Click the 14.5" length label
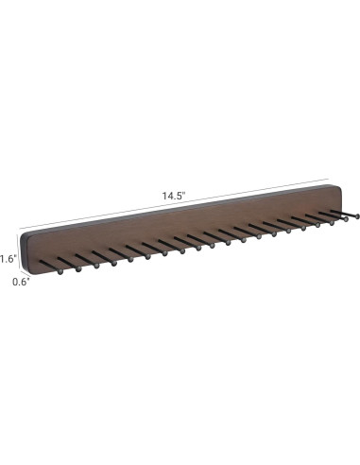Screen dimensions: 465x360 tap(173, 195)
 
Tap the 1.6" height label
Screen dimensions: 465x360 tap(9, 257)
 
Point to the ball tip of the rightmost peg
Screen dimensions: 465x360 tap(357, 217)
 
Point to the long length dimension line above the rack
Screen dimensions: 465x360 tap(113, 206)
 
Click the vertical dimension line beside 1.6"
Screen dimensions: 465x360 tap(21, 250)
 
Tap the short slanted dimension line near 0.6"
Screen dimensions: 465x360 tap(25, 276)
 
